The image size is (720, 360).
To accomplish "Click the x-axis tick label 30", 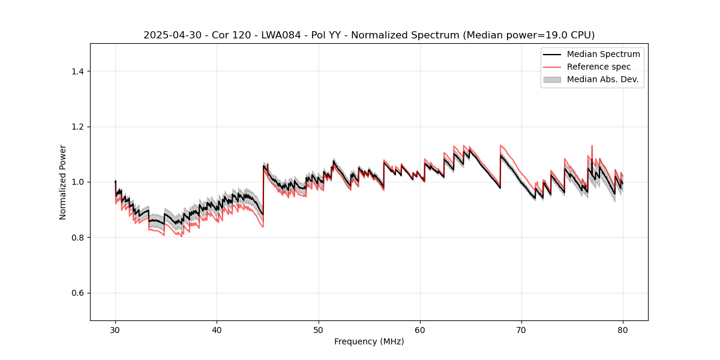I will (115, 330).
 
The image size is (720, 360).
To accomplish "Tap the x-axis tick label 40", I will (217, 330).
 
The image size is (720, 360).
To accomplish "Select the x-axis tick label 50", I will (319, 330).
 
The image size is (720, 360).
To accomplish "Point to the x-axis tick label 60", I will (420, 330).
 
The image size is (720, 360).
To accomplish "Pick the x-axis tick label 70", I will (521, 330).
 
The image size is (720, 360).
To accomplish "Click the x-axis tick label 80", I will (623, 330).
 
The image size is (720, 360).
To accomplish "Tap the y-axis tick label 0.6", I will (77, 293).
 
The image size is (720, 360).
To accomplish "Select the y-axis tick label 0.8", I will (77, 238).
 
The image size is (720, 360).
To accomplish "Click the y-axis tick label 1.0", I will (77, 182).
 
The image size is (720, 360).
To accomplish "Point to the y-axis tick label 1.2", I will (77, 127).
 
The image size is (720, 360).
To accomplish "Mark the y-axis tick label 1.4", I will (77, 71).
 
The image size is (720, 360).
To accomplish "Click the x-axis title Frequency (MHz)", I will (369, 342).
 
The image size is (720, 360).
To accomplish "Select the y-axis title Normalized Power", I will (63, 182).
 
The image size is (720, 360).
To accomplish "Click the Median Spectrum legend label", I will (603, 54).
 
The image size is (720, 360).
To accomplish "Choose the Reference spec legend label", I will (599, 67).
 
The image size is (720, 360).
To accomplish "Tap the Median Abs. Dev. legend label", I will (602, 79).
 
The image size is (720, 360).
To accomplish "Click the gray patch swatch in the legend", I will (552, 79).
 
